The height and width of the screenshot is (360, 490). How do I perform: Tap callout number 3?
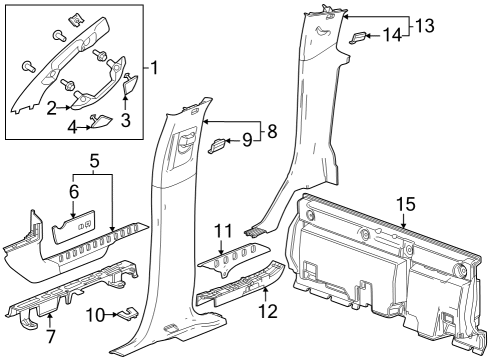pos(127,121)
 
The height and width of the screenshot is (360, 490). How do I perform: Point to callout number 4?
pos(72,127)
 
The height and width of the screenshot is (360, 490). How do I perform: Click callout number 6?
pos(73,189)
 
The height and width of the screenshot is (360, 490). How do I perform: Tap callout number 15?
pos(405,205)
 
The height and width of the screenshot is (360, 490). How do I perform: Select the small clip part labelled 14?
pos(359,37)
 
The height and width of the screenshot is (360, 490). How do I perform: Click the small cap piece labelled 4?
pos(99,121)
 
